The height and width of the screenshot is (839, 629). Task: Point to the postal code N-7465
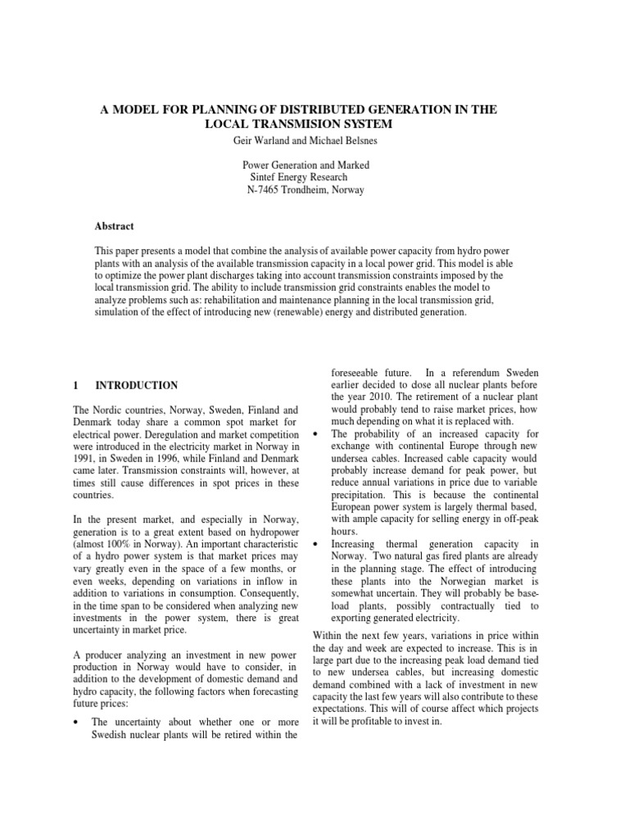(265, 190)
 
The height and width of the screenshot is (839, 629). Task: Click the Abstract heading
(115, 226)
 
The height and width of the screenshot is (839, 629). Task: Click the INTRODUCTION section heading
(137, 385)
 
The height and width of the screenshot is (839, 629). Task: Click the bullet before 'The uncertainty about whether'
(76, 699)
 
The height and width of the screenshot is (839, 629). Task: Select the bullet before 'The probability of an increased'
(316, 433)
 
